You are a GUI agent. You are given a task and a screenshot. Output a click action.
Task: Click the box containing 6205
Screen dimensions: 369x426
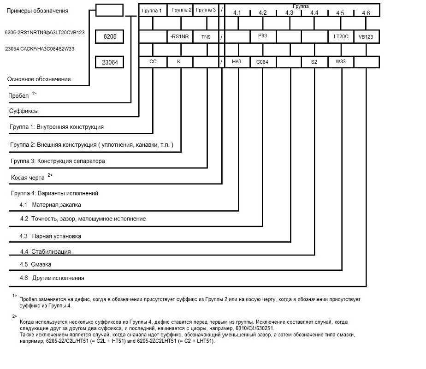[109, 36]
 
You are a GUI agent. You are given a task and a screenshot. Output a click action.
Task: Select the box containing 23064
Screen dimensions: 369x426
[109, 62]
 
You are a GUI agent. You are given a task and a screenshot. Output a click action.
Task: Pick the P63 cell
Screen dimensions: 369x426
[262, 36]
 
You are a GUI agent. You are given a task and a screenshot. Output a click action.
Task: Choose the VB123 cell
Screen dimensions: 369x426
[366, 36]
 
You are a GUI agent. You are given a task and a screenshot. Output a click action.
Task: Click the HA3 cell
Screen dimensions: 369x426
[237, 61]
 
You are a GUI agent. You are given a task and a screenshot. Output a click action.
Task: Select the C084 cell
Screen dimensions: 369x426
[262, 62]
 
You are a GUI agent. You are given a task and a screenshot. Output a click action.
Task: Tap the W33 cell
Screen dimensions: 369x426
[341, 61]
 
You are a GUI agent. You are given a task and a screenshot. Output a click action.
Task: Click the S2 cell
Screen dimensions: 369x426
[314, 62]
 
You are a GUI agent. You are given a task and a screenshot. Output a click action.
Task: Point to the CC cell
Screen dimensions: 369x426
[153, 61]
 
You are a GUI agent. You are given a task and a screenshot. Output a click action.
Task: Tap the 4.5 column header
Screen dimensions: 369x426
[340, 13]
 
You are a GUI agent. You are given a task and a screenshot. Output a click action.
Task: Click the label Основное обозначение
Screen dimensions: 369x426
[39, 79]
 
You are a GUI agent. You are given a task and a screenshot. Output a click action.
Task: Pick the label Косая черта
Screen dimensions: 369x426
[28, 177]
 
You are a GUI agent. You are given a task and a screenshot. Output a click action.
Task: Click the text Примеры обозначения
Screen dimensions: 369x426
[37, 11]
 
